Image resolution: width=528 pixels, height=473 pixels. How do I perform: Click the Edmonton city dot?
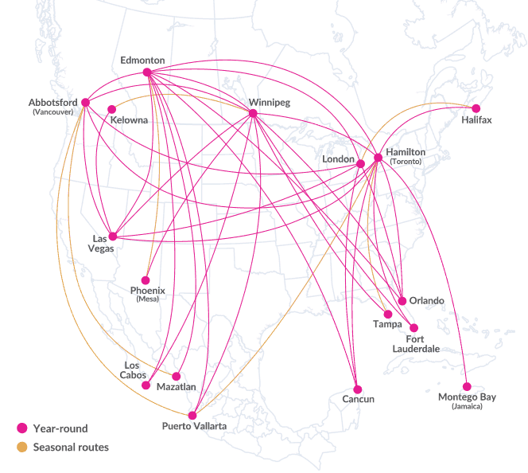[147, 72]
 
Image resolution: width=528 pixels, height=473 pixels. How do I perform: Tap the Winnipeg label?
[269, 103]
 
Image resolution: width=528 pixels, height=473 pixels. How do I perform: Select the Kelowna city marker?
[111, 109]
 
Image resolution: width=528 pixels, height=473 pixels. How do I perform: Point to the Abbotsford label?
[52, 103]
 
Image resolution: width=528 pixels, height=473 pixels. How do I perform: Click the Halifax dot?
[476, 109]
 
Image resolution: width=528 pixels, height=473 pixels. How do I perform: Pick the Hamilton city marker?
[379, 158]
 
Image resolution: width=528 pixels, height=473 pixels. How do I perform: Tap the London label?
[338, 159]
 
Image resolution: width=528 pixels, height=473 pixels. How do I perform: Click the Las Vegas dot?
[113, 236]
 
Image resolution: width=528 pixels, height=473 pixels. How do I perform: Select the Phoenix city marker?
[146, 280]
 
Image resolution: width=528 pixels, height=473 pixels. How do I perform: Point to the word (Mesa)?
[146, 299]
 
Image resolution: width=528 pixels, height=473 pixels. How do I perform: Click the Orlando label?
[427, 300]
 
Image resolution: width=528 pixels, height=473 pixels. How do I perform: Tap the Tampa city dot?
[387, 314]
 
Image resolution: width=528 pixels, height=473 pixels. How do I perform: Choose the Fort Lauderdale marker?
[413, 328]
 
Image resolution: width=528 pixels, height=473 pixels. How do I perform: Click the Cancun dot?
[359, 389]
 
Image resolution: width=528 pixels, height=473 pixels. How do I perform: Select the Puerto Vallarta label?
[194, 427]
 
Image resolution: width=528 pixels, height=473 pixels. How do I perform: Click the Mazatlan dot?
[177, 377]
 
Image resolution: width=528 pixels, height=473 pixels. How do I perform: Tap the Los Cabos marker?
[146, 385]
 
